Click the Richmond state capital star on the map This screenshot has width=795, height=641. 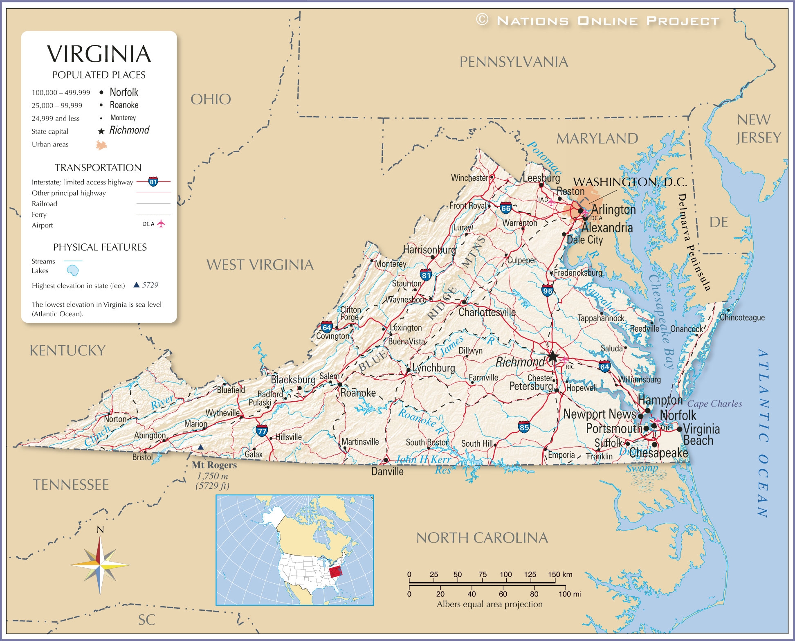(552, 356)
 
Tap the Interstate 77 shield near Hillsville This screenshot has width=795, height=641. (262, 430)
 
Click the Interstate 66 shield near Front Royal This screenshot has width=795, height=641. (506, 208)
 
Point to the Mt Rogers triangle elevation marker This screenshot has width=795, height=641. (200, 448)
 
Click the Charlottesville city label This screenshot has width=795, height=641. (487, 312)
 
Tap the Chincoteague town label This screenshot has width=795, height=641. (742, 317)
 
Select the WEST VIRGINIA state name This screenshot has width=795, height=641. (260, 265)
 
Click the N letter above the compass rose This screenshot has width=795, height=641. (100, 530)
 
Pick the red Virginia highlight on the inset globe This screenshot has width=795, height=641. (335, 572)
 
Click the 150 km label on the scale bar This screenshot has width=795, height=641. (560, 574)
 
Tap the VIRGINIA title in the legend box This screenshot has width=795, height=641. (99, 54)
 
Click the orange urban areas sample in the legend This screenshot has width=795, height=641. (101, 145)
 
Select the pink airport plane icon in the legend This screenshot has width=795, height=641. (161, 224)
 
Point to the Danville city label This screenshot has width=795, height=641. (387, 472)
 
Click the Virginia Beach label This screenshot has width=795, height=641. (701, 435)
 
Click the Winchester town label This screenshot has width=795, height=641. (469, 178)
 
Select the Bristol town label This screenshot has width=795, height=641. (142, 457)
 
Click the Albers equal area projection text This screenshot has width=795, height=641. (490, 604)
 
